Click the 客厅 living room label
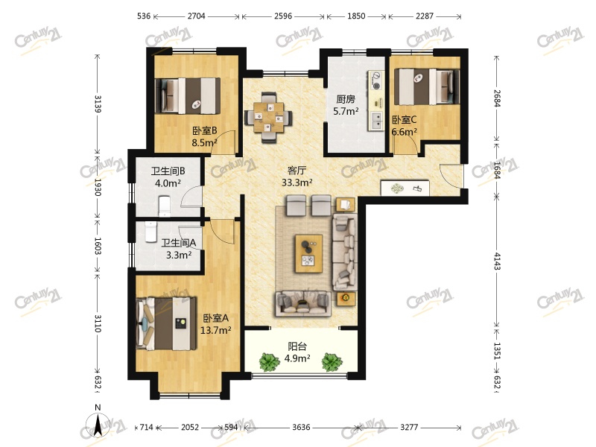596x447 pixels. tap(297, 170)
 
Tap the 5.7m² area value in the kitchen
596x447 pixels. tap(346, 111)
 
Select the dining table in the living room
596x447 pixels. tap(269, 118)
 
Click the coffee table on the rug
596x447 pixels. tap(309, 253)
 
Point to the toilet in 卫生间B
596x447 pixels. tap(164, 206)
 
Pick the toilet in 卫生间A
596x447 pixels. tap(150, 232)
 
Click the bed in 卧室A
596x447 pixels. tap(166, 323)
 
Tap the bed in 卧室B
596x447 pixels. tap(188, 96)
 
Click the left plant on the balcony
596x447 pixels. tap(270, 362)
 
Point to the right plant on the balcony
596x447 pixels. tap(332, 362)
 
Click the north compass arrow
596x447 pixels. tap(98, 424)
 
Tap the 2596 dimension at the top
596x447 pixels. tap(283, 16)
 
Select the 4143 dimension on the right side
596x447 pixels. tap(497, 261)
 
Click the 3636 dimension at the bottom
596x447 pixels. tap(301, 427)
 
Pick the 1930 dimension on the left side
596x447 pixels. tap(98, 187)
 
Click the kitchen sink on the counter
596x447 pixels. tap(377, 121)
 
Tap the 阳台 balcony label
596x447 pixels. tap(297, 346)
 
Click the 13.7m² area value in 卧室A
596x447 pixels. tap(215, 330)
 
